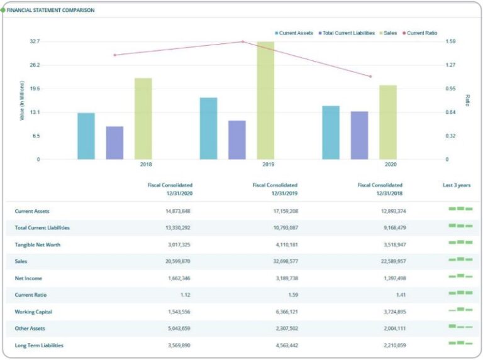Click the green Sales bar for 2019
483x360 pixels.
[265, 101]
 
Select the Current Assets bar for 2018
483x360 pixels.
[86, 136]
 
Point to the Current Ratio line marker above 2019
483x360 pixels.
[243, 42]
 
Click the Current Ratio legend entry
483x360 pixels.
[419, 33]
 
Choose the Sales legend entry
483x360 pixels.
[387, 33]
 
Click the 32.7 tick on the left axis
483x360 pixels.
[35, 41]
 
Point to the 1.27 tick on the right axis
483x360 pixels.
[450, 65]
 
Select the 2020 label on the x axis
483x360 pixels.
[391, 165]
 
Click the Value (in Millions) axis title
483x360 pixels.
[22, 101]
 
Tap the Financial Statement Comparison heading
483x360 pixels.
[50, 11]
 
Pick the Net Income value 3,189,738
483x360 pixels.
[284, 278]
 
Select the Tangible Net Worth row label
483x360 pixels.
[38, 244]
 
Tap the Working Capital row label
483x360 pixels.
[33, 312]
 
